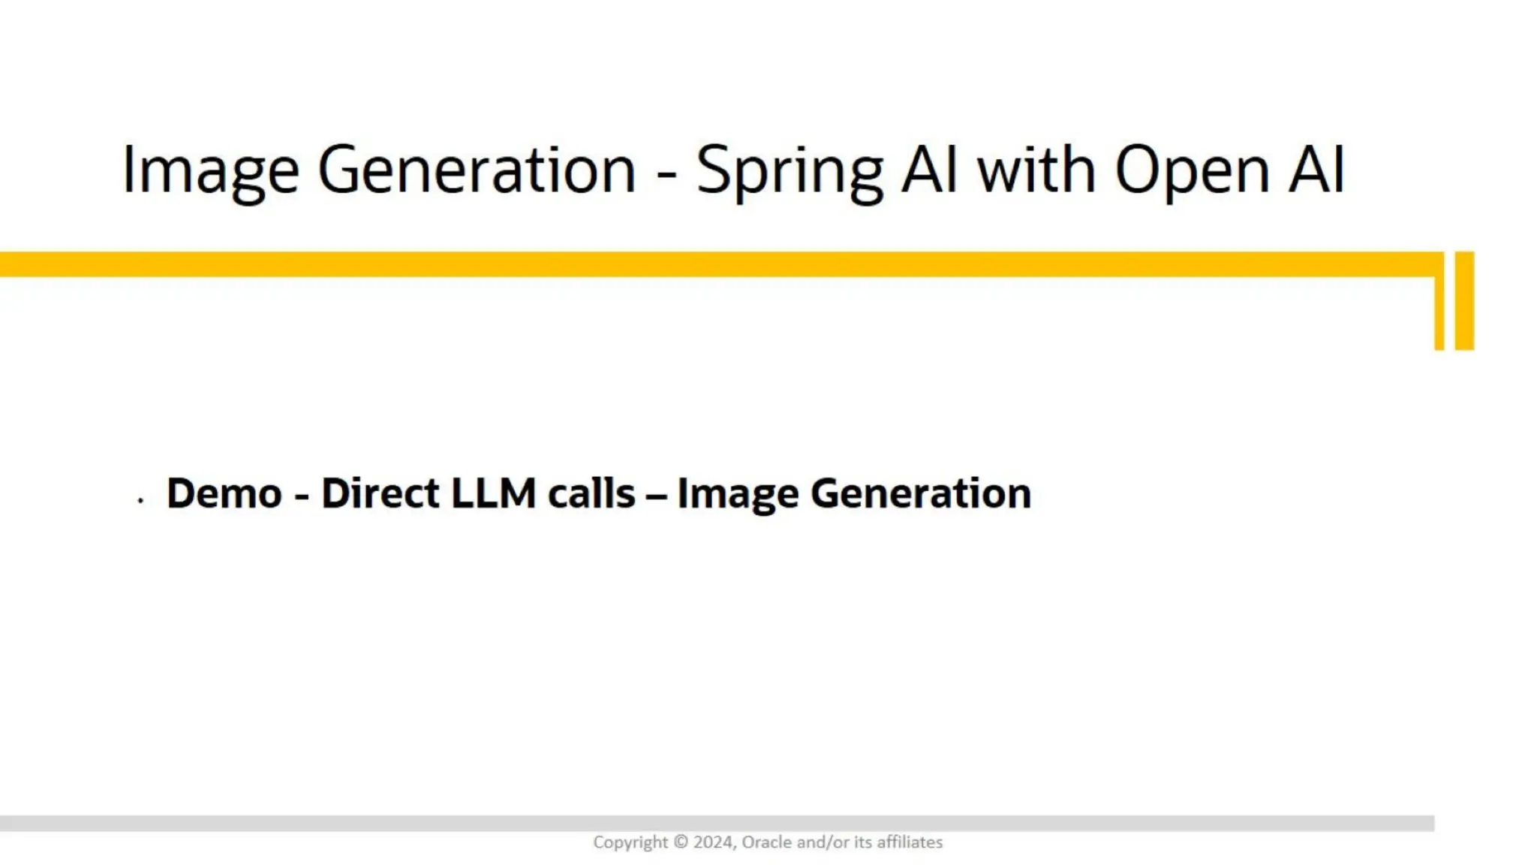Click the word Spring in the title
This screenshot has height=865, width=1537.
(790, 171)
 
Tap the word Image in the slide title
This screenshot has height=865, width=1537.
(210, 171)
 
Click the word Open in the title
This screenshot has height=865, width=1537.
(1192, 171)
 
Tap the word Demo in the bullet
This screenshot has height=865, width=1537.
(224, 493)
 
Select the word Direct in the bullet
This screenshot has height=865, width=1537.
(380, 493)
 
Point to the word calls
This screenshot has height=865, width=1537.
(591, 493)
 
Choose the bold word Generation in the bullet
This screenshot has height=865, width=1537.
(920, 493)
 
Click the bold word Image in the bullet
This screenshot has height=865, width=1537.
(737, 495)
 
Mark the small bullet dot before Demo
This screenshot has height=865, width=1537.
(140, 499)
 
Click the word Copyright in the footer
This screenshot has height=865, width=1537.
(630, 842)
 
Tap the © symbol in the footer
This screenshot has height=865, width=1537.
(680, 842)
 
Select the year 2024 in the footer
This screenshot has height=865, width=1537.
(713, 842)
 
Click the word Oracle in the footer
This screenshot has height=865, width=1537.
(766, 842)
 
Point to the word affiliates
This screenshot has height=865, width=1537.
(910, 842)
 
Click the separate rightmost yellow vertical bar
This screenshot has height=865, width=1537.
(1464, 300)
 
